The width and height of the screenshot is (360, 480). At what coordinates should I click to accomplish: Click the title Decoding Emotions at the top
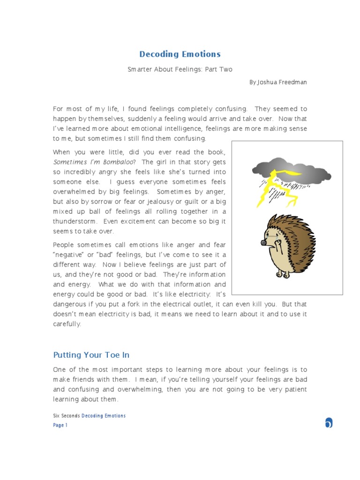coord(180,54)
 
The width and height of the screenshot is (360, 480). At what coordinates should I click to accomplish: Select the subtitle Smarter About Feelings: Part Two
coord(180,69)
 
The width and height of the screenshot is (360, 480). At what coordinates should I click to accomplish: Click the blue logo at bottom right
coord(329,423)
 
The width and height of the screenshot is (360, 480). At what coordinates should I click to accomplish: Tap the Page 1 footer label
coord(60,425)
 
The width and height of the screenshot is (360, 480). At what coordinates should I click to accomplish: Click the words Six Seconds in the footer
coord(67,416)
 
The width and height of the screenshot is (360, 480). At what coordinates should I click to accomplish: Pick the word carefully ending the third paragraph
coord(67,324)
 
